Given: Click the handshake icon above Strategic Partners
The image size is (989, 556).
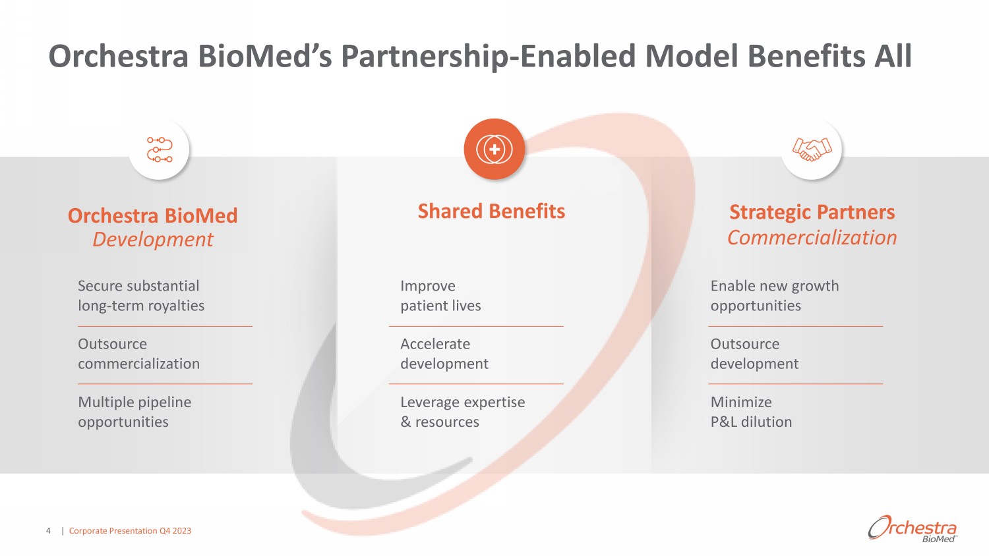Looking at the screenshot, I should coord(812,149).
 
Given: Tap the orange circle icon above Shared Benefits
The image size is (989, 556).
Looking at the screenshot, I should coord(494,149).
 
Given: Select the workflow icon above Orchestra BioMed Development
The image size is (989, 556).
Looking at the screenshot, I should coord(159,150).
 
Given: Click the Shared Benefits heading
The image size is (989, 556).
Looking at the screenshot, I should coord(491,211).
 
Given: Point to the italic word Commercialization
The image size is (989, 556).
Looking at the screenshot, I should coord(812,237).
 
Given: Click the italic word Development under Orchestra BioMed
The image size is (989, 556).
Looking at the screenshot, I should coord(153,239).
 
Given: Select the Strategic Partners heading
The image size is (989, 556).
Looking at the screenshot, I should coord(812,212).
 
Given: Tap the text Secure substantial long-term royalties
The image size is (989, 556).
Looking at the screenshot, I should coord(141,296).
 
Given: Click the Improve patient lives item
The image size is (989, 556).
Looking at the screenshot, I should coord(440,296).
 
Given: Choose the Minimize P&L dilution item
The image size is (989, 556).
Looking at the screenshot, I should coord(751,412).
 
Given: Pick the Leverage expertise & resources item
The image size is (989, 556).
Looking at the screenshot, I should coord(462,412).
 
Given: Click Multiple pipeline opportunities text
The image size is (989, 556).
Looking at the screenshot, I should coord(135,412).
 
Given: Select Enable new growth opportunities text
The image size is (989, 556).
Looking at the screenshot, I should coord(774,296).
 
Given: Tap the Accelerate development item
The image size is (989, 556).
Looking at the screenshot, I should coord(444,354).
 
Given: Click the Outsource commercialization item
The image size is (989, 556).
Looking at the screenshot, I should coord(138,354).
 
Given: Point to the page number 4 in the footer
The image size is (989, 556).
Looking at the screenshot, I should coord(48,531).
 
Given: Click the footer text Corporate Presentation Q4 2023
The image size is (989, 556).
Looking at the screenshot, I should coord(130,531).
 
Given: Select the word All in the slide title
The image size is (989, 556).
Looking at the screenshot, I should coord(893,57).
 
